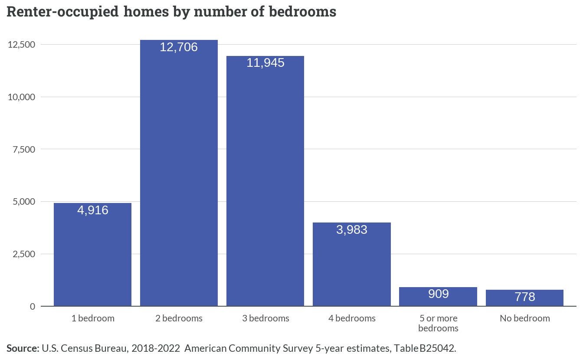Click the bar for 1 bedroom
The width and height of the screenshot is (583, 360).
pyautogui.click(x=92, y=254)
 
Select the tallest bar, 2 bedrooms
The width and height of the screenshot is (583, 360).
pyautogui.click(x=179, y=173)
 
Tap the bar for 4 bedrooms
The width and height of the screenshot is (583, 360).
pyautogui.click(x=352, y=264)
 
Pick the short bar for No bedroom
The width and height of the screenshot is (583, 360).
pyautogui.click(x=524, y=298)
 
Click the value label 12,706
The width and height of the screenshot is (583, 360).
pyautogui.click(x=179, y=47)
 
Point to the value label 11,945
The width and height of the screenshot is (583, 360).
pyautogui.click(x=265, y=63)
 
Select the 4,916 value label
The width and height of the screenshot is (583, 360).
pyautogui.click(x=93, y=210)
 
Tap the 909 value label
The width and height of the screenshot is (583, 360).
pyautogui.click(x=438, y=294)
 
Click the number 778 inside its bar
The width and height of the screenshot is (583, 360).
pyautogui.click(x=525, y=297)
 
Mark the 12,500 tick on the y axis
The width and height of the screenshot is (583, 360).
pyautogui.click(x=21, y=45)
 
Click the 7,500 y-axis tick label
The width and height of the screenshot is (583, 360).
pyautogui.click(x=24, y=150)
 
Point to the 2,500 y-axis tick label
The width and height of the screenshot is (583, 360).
pyautogui.click(x=24, y=254)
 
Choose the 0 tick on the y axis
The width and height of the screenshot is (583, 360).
pyautogui.click(x=33, y=307)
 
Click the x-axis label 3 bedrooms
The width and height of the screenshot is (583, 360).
pyautogui.click(x=265, y=318)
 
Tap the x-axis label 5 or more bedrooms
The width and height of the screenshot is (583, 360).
pyautogui.click(x=438, y=323)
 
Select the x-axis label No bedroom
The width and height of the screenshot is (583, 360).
pyautogui.click(x=525, y=318)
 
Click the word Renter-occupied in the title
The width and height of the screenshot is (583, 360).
pyautogui.click(x=62, y=12)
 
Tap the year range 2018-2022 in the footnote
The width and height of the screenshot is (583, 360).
pyautogui.click(x=155, y=348)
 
